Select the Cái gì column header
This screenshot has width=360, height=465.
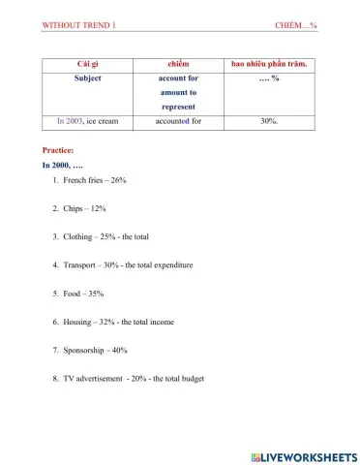(94, 63)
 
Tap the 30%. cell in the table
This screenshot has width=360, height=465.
(269, 122)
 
